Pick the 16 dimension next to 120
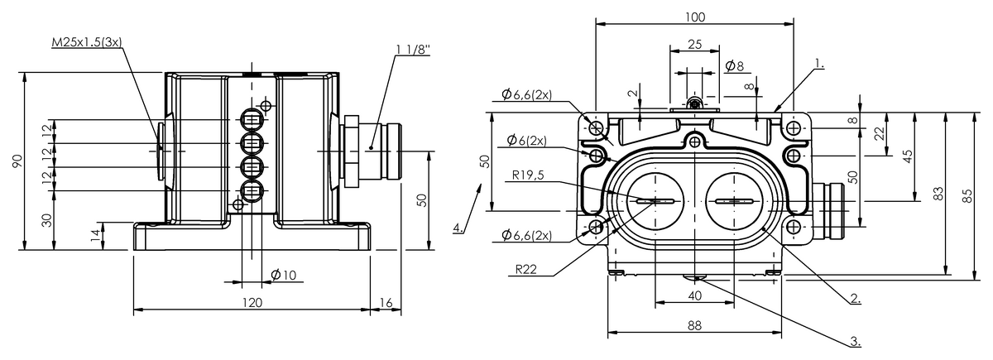tap(386, 303)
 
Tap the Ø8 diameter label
tap(733, 65)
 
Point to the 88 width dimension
tap(694, 327)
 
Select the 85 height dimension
tap(967, 194)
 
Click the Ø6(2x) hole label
tap(526, 140)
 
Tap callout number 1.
tap(820, 62)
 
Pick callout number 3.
tap(855, 339)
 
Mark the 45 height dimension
tap(908, 156)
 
